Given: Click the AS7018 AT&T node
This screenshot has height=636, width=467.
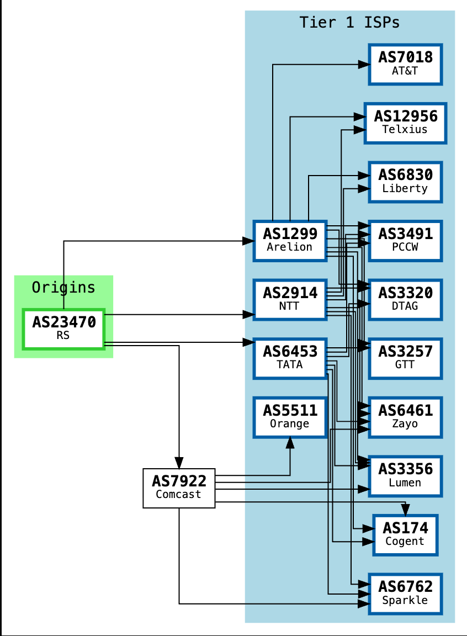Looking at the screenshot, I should (x=405, y=64).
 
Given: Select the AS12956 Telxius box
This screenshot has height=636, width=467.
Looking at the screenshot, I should (x=405, y=123).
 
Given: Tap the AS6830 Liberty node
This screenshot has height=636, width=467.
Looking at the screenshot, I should (x=405, y=182).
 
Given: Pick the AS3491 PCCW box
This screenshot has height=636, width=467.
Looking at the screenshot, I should (x=405, y=240).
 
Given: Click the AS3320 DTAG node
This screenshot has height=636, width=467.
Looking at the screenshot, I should (x=405, y=299).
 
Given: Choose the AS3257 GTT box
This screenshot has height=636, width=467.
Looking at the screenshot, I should (x=405, y=358).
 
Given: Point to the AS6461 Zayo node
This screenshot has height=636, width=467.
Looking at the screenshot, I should (x=405, y=417).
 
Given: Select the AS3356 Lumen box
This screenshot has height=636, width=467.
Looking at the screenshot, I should (x=405, y=475).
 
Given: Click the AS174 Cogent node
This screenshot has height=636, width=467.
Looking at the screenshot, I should (x=405, y=534).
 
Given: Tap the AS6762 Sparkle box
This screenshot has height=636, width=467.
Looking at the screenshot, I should (x=405, y=593).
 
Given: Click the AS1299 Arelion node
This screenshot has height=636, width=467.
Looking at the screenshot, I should (x=290, y=240).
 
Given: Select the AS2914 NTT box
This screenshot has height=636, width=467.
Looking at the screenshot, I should (x=290, y=299).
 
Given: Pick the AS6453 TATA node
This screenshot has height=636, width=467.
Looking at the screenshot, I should (x=290, y=358).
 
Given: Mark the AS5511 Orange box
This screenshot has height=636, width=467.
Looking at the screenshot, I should (x=290, y=417).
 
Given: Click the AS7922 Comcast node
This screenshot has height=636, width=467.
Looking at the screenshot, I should (x=179, y=488).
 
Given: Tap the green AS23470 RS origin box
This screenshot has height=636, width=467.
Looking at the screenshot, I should (x=63, y=329).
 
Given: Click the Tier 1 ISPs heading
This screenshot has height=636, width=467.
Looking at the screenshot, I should (x=349, y=23).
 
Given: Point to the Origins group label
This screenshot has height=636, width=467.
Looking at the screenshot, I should (x=63, y=288).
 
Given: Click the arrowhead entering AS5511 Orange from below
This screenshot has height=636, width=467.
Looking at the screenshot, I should (x=290, y=442).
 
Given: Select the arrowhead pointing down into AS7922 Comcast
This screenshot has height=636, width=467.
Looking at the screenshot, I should (x=179, y=463).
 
